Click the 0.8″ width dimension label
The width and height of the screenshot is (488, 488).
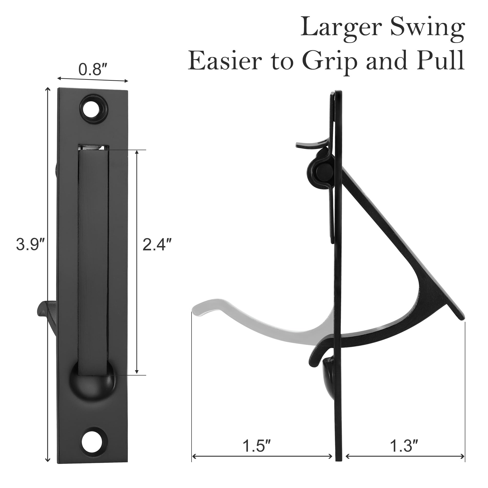90,70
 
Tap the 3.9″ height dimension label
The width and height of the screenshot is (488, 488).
30,245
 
